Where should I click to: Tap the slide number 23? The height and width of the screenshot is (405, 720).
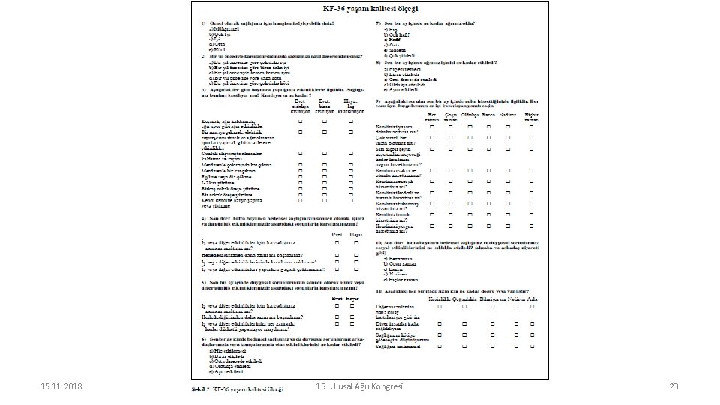point(673,386)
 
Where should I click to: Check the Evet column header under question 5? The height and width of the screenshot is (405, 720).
point(337,298)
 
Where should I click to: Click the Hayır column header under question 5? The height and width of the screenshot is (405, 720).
point(352,298)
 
